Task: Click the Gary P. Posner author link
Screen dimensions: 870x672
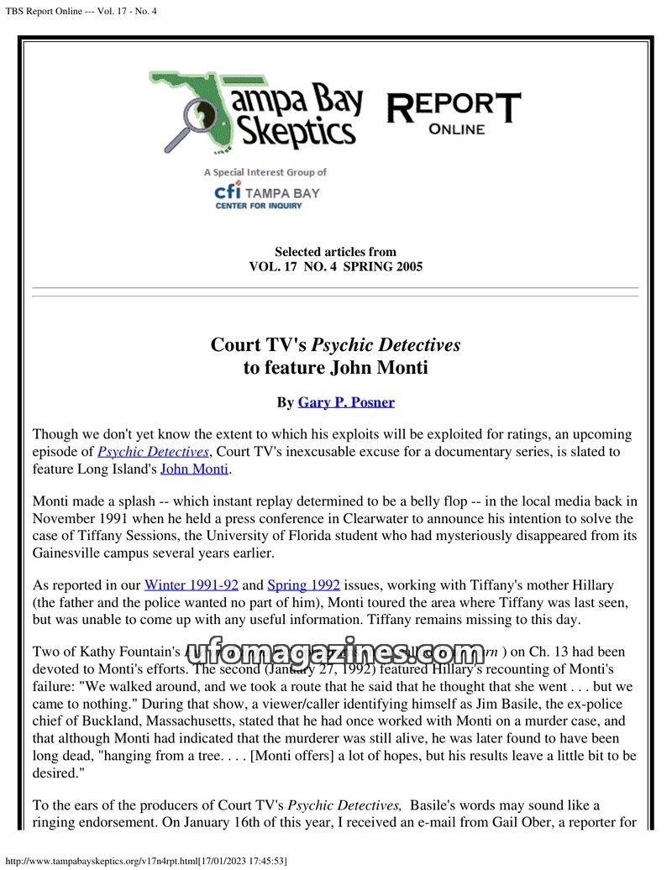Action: pyautogui.click(x=346, y=402)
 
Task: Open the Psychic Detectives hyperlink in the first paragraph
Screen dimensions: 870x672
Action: pyautogui.click(x=153, y=452)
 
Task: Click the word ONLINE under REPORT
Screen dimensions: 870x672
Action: pyautogui.click(x=456, y=129)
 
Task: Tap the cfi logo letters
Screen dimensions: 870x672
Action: pyautogui.click(x=228, y=191)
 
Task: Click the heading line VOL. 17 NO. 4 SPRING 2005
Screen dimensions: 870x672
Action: pyautogui.click(x=336, y=267)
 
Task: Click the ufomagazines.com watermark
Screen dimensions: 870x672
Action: pyautogui.click(x=336, y=652)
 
